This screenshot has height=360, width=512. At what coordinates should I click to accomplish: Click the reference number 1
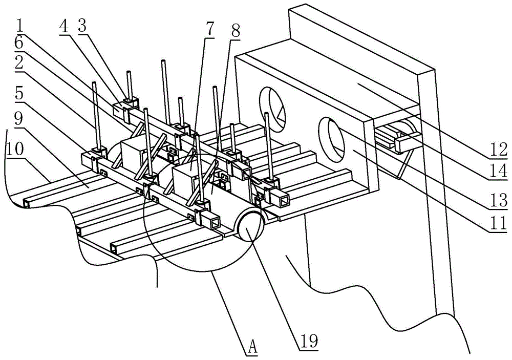20,27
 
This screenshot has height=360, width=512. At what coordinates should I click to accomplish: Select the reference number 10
15,149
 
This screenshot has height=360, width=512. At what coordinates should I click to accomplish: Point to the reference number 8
235,32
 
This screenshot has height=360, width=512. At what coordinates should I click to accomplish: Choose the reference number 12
498,150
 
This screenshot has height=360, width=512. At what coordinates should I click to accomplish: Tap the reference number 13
498,200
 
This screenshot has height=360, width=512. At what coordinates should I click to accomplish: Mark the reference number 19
309,342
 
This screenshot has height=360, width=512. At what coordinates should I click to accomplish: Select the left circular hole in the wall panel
272,110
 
